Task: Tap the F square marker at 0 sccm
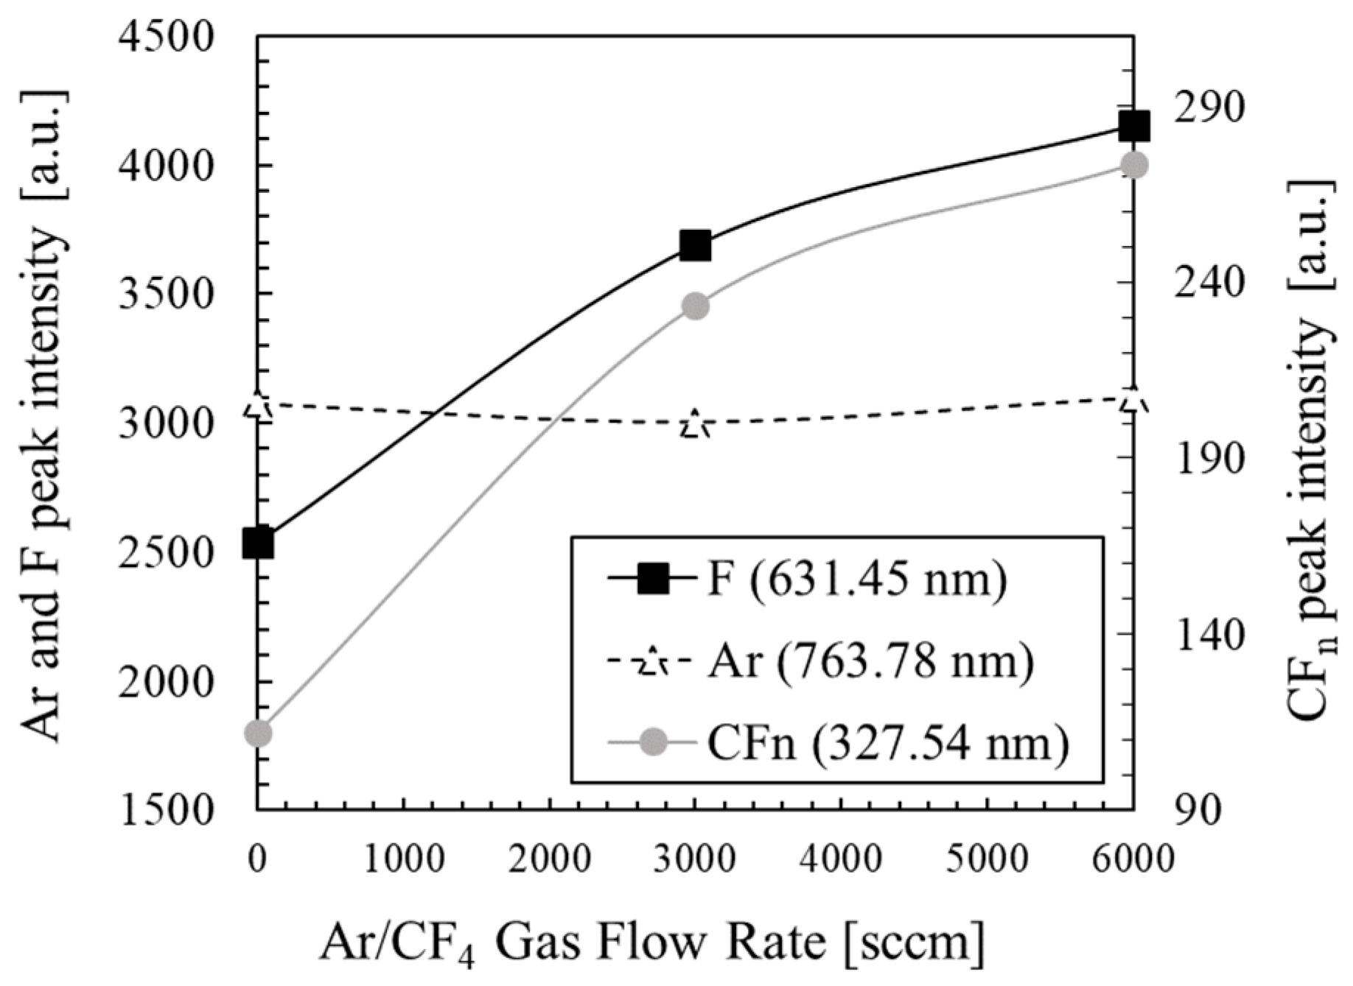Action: coord(258,543)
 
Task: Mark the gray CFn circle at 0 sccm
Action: coord(258,733)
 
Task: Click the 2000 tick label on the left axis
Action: coord(165,681)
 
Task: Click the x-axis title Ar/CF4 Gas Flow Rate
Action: coord(651,943)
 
